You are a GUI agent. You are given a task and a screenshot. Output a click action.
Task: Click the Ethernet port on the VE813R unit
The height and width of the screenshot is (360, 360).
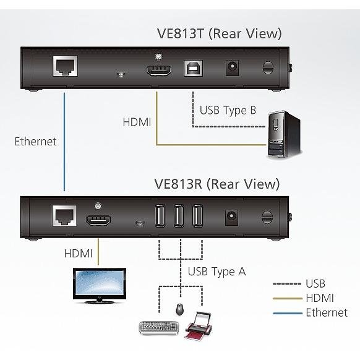click(63, 215)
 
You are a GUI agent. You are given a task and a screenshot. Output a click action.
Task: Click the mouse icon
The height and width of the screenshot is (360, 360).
click(180, 309)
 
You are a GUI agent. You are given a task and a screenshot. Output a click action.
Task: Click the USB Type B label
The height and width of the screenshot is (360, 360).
click(227, 111)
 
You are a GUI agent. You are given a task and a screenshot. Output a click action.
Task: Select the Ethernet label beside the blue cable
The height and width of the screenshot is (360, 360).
click(35, 141)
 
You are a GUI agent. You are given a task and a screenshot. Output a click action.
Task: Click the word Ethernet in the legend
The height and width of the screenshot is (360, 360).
click(326, 312)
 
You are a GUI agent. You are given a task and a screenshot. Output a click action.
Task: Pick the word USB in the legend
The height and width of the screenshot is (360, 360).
click(315, 284)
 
